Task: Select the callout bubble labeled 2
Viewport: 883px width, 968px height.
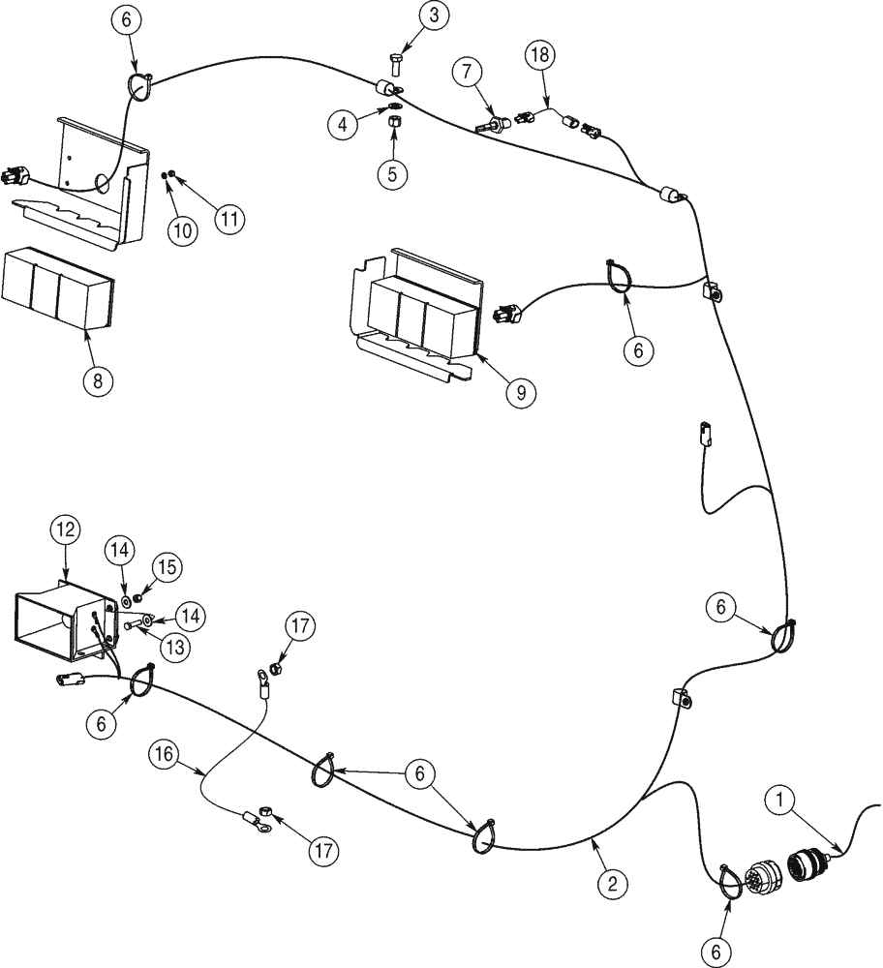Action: pyautogui.click(x=611, y=883)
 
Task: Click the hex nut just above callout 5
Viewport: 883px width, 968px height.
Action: pyautogui.click(x=394, y=123)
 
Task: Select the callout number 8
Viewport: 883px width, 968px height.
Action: pyautogui.click(x=97, y=379)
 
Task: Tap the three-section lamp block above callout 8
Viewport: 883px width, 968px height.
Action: pyautogui.click(x=58, y=288)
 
